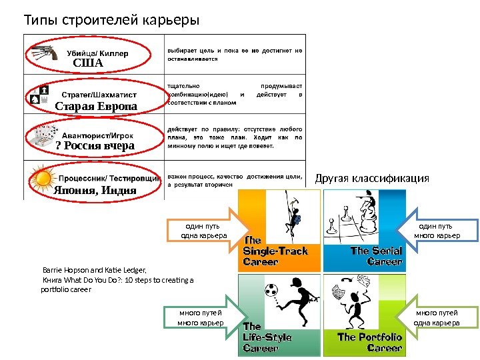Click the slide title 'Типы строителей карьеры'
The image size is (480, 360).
coord(111,19)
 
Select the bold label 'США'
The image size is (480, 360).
coord(88,63)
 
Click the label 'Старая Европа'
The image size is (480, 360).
coord(95,107)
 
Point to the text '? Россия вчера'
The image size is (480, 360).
coord(95,146)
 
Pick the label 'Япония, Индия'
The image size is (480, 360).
coord(95,190)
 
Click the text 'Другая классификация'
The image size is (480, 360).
coord(372,179)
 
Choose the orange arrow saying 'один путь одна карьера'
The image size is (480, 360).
coord(207,231)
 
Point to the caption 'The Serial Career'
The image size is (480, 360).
coord(376,256)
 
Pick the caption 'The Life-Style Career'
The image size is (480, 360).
coord(267,337)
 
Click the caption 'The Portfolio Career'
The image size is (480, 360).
coord(369,342)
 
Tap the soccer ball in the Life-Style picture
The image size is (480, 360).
coord(272,291)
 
